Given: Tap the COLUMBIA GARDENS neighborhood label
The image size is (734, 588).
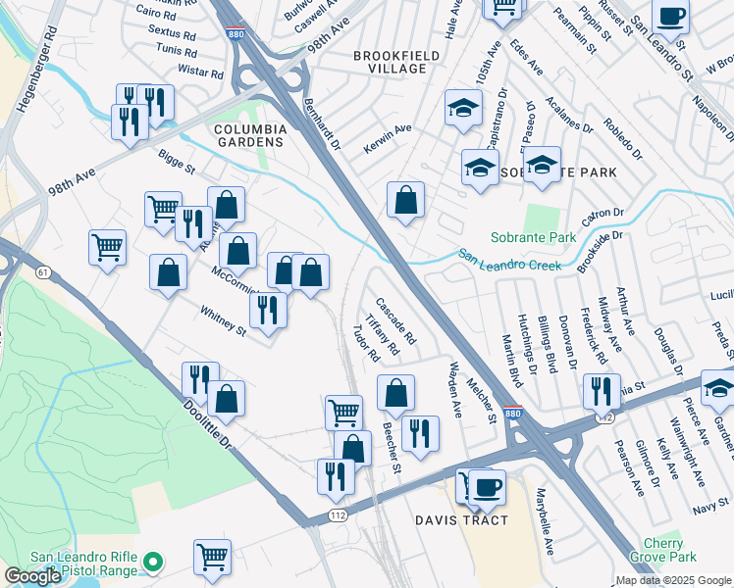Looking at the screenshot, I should pyautogui.click(x=251, y=135).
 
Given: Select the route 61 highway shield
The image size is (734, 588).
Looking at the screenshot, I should pyautogui.click(x=43, y=270).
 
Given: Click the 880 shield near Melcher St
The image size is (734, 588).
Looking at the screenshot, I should pyautogui.click(x=512, y=415).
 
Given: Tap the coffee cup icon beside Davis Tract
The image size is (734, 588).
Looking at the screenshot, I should pyautogui.click(x=486, y=486).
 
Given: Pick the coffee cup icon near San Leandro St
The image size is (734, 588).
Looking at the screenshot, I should pyautogui.click(x=671, y=17).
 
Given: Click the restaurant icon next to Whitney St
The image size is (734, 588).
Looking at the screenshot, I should pyautogui.click(x=267, y=309).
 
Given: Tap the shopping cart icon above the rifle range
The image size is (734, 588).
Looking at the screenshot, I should pyautogui.click(x=212, y=557).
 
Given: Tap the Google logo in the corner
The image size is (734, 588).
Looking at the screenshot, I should pyautogui.click(x=32, y=576).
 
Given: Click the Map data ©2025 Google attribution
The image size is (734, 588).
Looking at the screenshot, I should pyautogui.click(x=672, y=580).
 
